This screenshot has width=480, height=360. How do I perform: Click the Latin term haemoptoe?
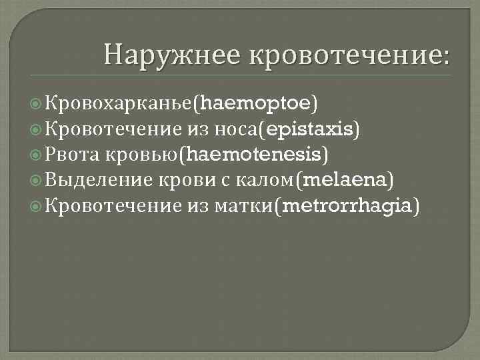tap(255, 103)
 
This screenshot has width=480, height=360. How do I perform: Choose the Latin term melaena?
tap(346, 181)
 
